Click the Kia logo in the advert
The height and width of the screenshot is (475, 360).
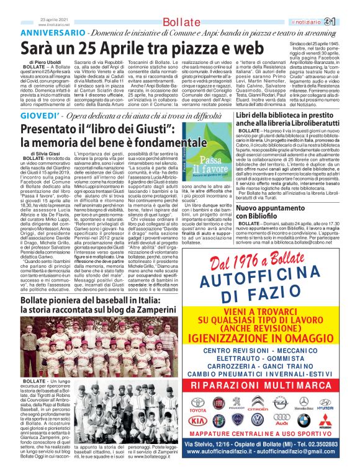point(198,421)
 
